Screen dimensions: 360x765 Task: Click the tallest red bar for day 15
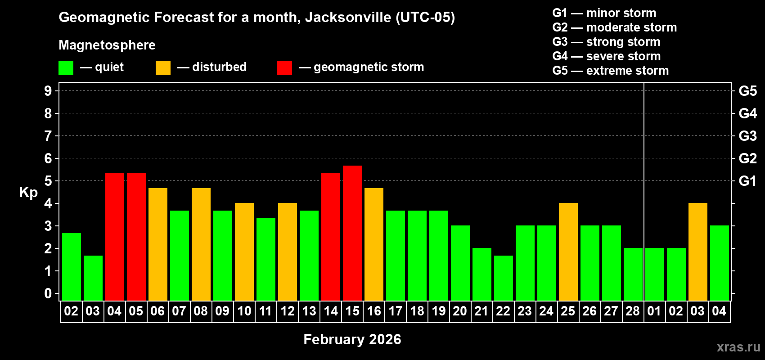[x=352, y=233]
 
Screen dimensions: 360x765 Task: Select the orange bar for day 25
[x=568, y=252]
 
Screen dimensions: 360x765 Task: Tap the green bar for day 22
[x=504, y=278]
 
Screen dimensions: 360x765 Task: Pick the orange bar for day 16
[x=374, y=244]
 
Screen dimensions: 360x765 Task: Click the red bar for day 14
[x=331, y=237]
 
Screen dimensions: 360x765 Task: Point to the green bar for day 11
[x=266, y=259]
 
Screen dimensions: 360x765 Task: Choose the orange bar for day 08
[x=201, y=244]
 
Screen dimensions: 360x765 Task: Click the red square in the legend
[x=284, y=68]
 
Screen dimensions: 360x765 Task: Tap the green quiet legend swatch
[x=66, y=68]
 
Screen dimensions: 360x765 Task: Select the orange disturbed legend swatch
[x=163, y=68]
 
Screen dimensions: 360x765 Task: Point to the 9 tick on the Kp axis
[x=48, y=91]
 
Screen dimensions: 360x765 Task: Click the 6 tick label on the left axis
[x=48, y=158]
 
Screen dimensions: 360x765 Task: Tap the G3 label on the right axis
[x=747, y=136]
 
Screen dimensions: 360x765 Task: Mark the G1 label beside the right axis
[x=747, y=181]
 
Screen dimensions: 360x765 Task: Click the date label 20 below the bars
[x=460, y=311]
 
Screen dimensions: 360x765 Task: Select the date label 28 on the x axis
[x=633, y=311]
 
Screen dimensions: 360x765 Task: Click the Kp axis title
[x=28, y=192]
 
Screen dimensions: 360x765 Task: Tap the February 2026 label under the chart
[x=352, y=339]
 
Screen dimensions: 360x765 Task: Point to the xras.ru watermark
[x=738, y=347]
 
